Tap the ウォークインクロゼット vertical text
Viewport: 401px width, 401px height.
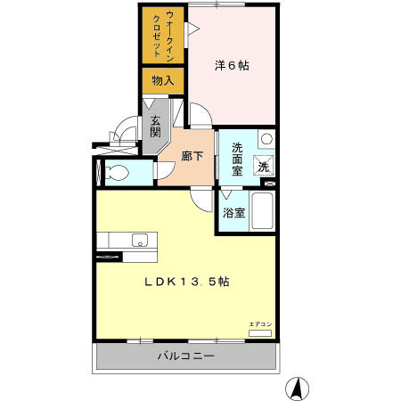tap(162, 36)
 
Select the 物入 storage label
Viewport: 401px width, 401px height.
tap(163, 80)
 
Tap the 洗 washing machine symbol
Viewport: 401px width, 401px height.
tap(264, 164)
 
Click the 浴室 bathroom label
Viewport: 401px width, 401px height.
tap(233, 215)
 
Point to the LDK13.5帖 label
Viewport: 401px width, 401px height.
tap(190, 282)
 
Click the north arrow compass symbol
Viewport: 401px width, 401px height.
tap(297, 388)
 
